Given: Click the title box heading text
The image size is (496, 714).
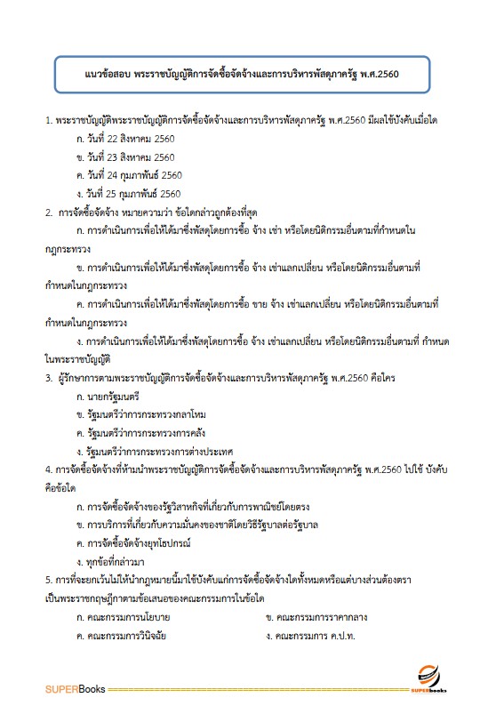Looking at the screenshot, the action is point(248,75).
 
